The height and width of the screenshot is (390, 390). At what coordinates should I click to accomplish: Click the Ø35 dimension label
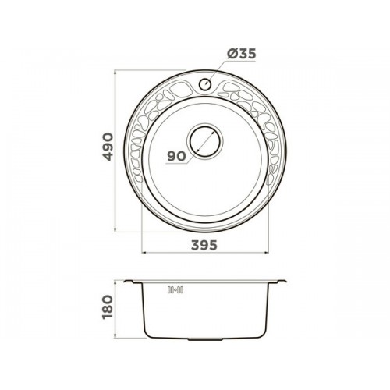coord(241,54)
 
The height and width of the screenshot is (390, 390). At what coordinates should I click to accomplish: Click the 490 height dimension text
coord(108,147)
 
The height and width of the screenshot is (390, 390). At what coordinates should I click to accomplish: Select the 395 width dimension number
coord(204,245)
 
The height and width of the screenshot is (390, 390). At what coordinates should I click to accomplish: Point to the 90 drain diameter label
coord(176,156)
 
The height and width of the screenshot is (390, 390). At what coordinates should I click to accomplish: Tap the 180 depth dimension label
coord(108,307)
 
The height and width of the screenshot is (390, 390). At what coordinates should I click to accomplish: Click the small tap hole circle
coord(205,84)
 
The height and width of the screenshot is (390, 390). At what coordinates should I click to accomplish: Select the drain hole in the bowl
coord(205,141)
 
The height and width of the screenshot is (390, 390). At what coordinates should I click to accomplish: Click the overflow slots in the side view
coord(175,289)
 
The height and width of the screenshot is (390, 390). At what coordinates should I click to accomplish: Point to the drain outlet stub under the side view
coord(205,339)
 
